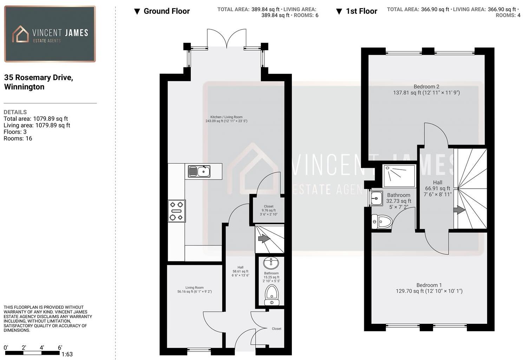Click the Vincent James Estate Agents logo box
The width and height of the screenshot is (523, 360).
pyautogui.click(x=50, y=34)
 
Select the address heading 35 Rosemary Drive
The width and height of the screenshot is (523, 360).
pyautogui.click(x=38, y=78)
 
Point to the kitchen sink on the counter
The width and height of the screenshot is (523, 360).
pyautogui.click(x=199, y=171)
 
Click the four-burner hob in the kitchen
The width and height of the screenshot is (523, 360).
pyautogui.click(x=177, y=211)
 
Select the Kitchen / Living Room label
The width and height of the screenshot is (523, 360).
pyautogui.click(x=226, y=117)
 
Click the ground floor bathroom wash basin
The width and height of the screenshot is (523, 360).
pyautogui.click(x=271, y=262)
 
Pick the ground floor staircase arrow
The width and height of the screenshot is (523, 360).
pyautogui.click(x=264, y=239)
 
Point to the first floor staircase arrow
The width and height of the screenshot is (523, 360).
pyautogui.click(x=459, y=210)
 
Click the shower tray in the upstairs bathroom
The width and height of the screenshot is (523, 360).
pyautogui.click(x=399, y=176)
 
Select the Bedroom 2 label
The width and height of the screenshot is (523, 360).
pyautogui.click(x=426, y=87)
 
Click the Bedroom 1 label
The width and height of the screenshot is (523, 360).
pyautogui.click(x=429, y=285)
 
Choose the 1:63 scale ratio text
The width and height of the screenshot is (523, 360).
pyautogui.click(x=67, y=354)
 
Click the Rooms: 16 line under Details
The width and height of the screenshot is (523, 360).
pyautogui.click(x=18, y=138)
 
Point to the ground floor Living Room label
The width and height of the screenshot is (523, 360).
pyautogui.click(x=194, y=287)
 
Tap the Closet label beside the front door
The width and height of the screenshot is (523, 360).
pyautogui.click(x=276, y=329)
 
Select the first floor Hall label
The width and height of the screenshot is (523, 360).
pyautogui.click(x=438, y=182)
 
